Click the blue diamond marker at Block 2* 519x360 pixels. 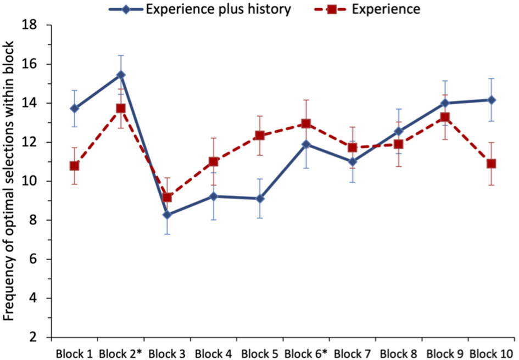(121, 75)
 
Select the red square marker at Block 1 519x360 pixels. (74, 166)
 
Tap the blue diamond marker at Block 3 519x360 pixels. (167, 215)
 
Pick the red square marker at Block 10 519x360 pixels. (492, 164)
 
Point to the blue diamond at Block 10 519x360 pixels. (492, 100)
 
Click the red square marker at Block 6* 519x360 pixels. (306, 123)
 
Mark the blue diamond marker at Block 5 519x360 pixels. (260, 199)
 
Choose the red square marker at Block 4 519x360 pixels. (213, 161)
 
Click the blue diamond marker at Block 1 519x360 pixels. (74, 108)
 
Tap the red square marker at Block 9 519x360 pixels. (445, 117)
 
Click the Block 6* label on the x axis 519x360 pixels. (306, 351)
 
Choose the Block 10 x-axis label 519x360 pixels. (492, 351)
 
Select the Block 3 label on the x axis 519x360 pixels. (167, 351)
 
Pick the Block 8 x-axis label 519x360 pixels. (399, 351)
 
